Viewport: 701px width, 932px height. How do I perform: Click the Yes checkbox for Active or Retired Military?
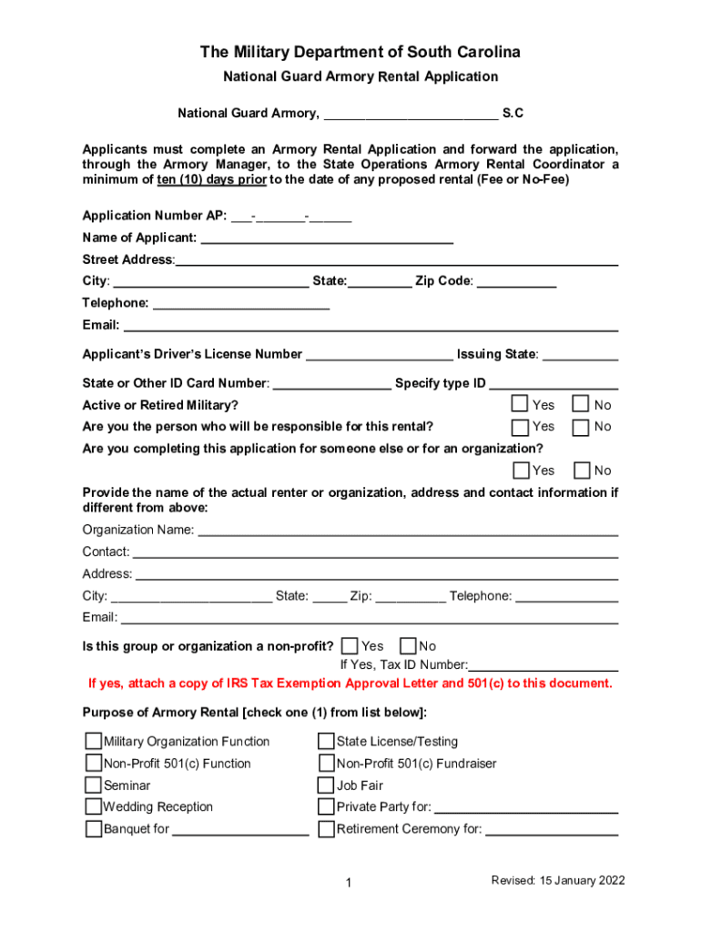coord(520,404)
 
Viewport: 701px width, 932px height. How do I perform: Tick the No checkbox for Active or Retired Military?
coord(580,404)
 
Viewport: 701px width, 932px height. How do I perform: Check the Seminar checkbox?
coord(94,785)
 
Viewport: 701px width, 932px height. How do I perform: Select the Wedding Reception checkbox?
coord(94,806)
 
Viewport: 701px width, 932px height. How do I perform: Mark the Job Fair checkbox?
coord(326,785)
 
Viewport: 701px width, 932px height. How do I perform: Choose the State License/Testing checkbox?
coord(326,741)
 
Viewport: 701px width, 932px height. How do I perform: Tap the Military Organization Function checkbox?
coord(94,741)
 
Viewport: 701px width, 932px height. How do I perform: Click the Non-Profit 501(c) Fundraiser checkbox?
coord(326,764)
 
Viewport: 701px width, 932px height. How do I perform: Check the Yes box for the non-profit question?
coord(350,646)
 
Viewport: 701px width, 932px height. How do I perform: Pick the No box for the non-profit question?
coord(408,646)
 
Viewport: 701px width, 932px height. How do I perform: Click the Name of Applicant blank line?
coord(326,238)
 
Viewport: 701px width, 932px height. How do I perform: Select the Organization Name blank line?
coord(408,531)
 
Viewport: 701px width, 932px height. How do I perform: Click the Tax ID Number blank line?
coord(544,665)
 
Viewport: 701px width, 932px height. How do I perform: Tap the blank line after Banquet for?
coord(240,829)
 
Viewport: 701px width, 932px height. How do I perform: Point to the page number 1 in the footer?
coord(349,883)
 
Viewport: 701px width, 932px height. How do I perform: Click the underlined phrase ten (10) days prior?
coord(211,179)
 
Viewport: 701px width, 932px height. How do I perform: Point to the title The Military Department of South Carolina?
coord(361,52)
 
